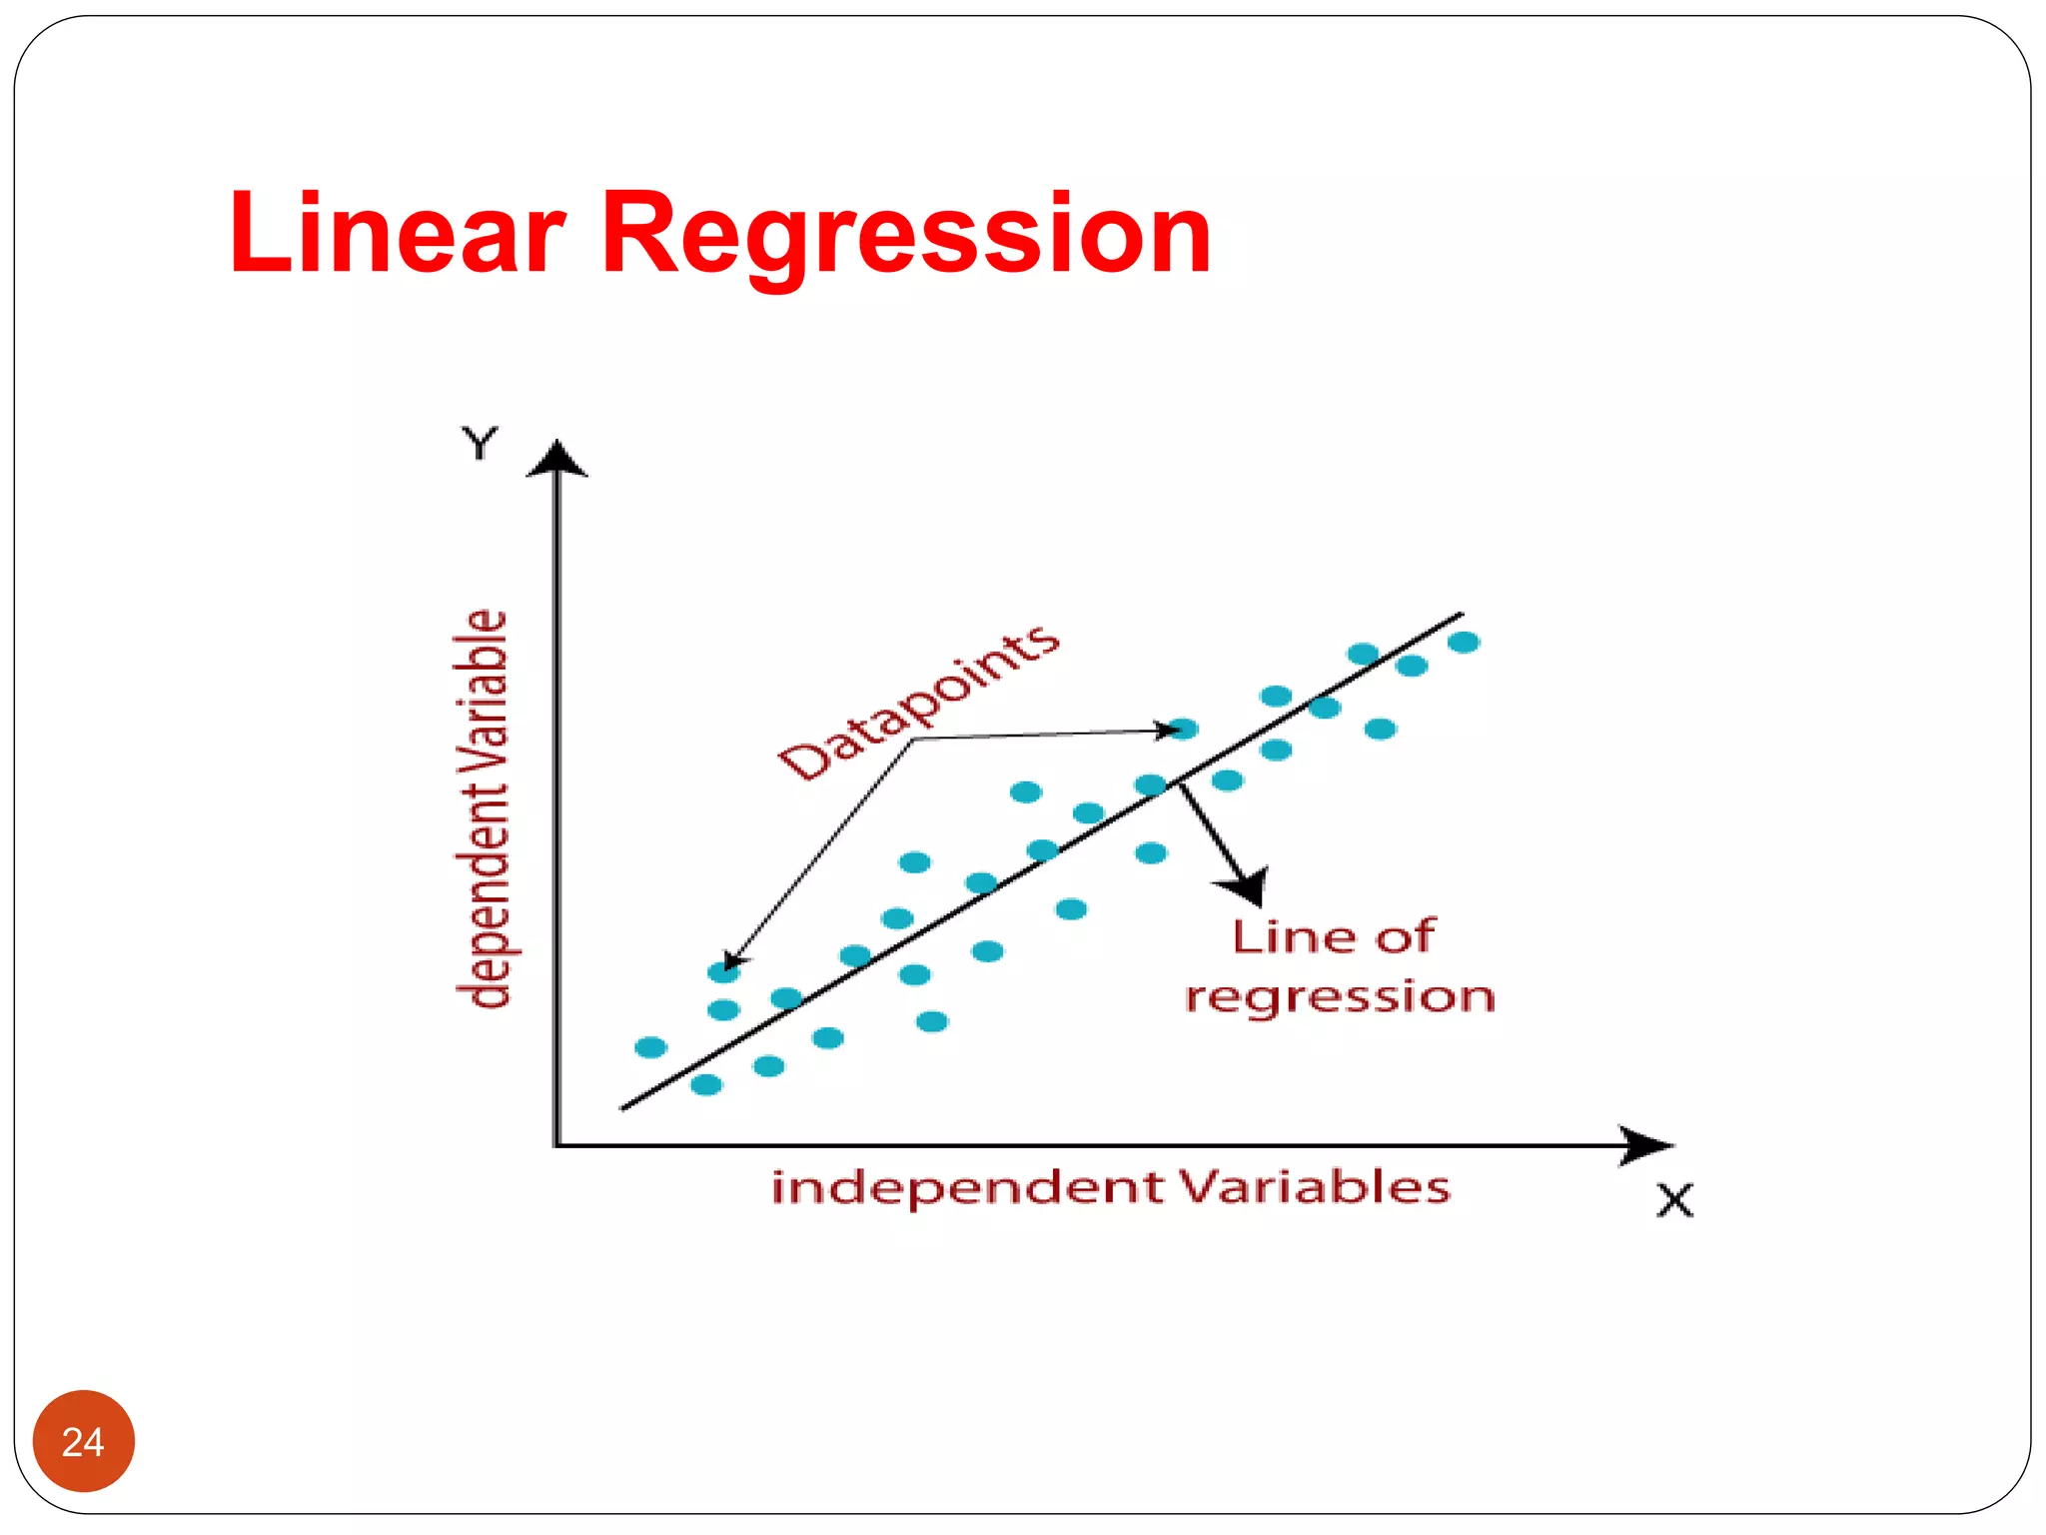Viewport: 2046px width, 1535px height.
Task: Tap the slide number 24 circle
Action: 83,1441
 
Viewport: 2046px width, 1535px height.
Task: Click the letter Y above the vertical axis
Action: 480,443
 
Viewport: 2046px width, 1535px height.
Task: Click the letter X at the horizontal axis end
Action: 1675,1200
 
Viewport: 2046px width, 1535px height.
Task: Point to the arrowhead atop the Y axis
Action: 556,459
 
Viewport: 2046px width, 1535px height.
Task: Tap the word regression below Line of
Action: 1340,996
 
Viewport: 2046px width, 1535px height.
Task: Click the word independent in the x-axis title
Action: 968,1188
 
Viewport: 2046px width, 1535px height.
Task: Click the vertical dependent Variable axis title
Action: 484,808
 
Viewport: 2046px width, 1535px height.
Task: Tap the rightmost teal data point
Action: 1464,643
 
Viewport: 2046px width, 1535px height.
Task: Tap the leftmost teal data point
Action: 650,1047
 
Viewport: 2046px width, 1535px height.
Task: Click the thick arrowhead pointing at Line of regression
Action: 1245,885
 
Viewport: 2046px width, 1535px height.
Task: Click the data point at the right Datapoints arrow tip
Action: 1183,729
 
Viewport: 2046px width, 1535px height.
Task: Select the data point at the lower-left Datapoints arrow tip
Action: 723,970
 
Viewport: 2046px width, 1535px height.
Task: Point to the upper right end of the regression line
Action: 1461,615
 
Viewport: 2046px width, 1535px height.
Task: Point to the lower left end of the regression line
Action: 623,1107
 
